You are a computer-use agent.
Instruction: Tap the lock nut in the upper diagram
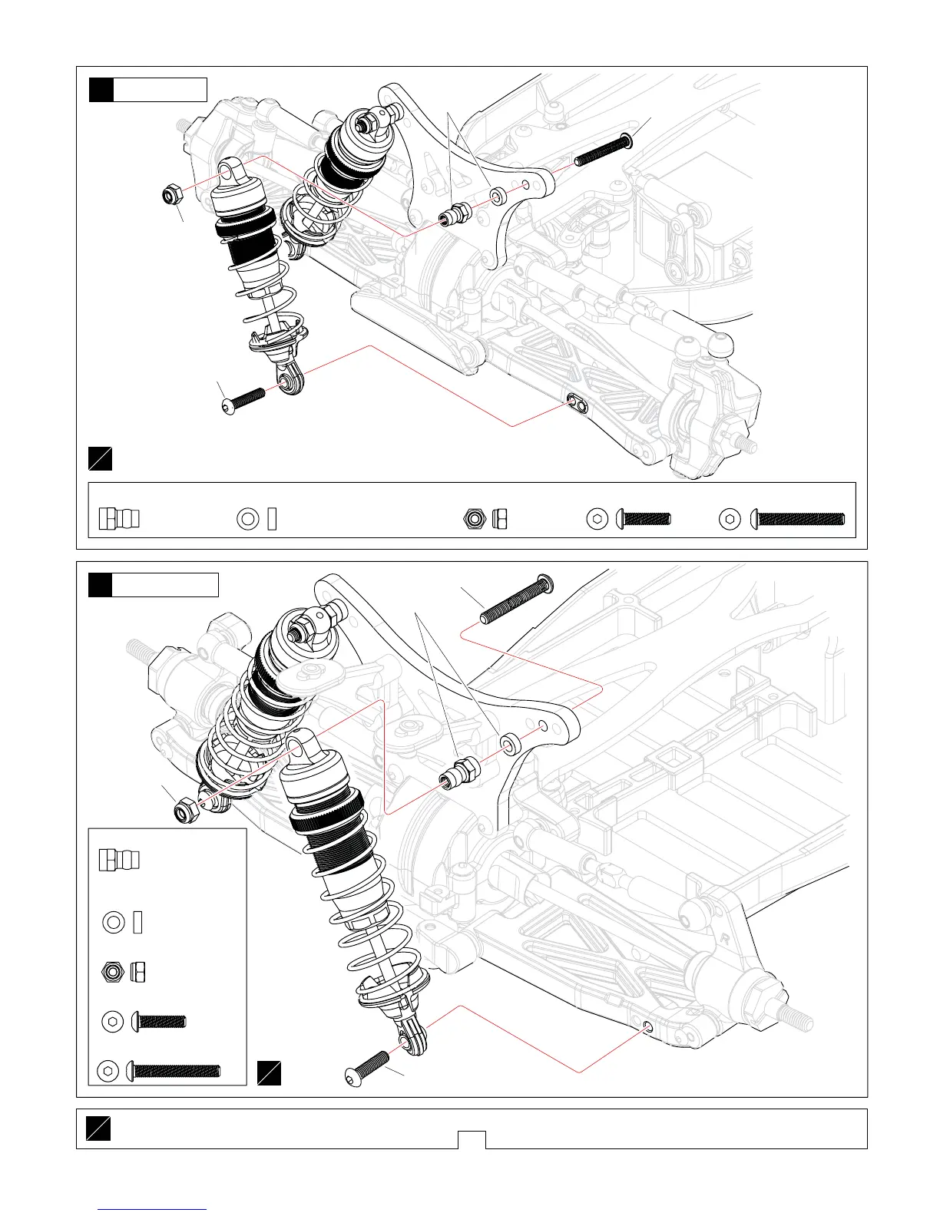171,196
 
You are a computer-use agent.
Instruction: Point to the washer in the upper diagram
498,197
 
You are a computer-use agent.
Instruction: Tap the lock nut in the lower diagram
186,809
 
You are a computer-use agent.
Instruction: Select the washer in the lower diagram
509,744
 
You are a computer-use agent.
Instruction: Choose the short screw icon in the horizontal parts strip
644,520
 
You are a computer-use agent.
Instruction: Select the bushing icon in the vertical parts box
118,860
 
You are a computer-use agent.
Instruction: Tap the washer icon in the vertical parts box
114,921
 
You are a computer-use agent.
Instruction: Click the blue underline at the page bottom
153,1209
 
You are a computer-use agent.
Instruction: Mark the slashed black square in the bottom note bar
98,1128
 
